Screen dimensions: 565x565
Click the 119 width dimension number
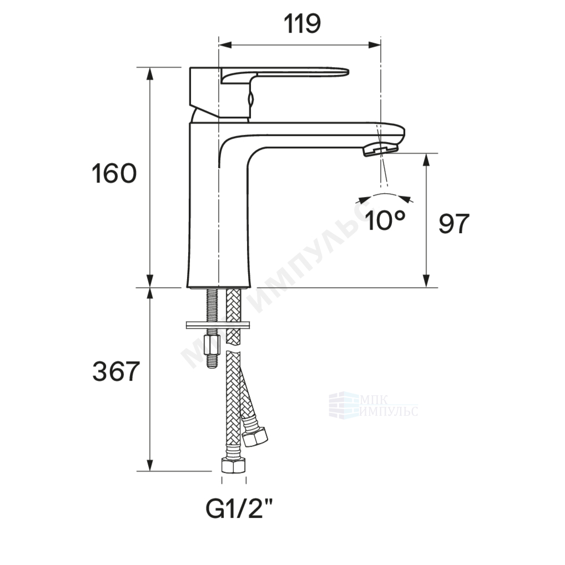(x=302, y=24)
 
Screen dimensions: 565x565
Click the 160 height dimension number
(x=114, y=173)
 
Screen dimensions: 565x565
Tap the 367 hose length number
(x=115, y=371)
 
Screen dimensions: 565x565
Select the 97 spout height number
(x=453, y=224)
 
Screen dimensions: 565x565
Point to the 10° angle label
(x=385, y=220)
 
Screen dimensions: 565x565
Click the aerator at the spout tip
(x=380, y=148)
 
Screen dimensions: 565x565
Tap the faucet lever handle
(x=285, y=73)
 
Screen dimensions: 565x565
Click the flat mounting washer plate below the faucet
(x=218, y=325)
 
